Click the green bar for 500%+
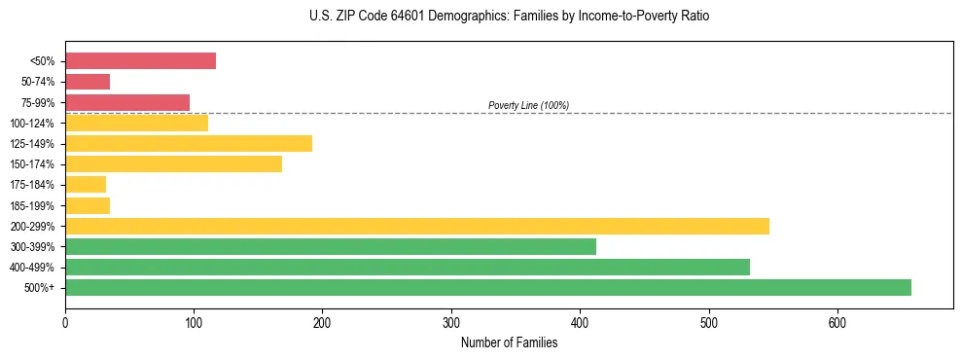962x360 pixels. [487, 287]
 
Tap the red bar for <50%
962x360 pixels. [140, 61]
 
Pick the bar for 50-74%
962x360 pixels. [88, 82]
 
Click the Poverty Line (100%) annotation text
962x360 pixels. [528, 105]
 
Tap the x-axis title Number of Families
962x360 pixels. [509, 342]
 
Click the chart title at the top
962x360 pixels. [510, 17]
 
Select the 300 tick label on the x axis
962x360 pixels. [451, 322]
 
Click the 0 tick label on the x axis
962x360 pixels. [65, 322]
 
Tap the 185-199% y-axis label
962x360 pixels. [36, 206]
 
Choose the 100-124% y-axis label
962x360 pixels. [36, 124]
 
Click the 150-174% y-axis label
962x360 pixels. [36, 164]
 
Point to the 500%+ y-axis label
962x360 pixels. [42, 288]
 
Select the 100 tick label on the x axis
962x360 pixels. [194, 322]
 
